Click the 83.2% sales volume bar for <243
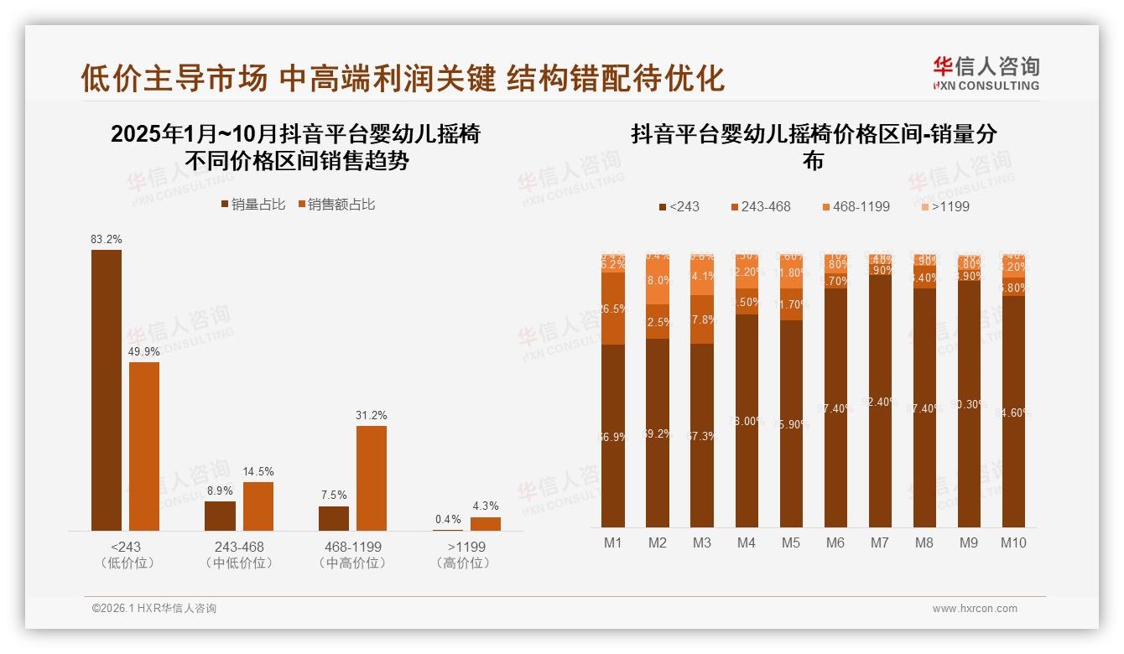107,390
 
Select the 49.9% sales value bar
144,446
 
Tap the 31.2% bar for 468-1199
372,478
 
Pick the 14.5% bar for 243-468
258,506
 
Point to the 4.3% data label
485,506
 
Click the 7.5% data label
334,495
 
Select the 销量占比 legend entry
252,205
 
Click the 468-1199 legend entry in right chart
855,206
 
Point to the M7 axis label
879,542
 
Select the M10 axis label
1013,542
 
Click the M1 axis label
613,542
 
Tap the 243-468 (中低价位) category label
239,554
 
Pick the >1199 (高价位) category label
462,554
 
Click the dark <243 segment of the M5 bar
791,423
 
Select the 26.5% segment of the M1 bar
613,309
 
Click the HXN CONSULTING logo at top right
986,73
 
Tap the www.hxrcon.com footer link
975,609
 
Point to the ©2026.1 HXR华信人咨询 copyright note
154,609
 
